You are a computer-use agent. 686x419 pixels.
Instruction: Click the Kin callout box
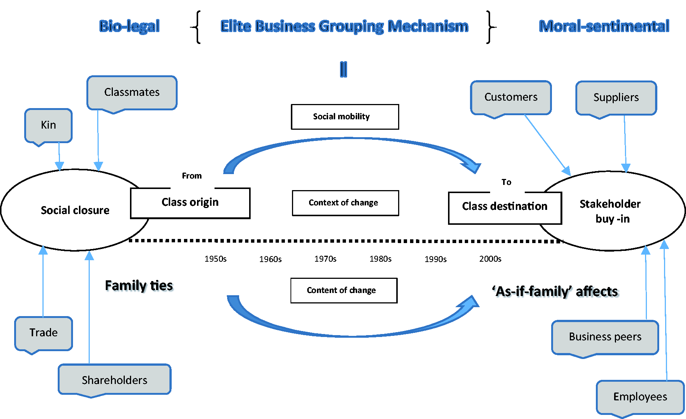[48, 126]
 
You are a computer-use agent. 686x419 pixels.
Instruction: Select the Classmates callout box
[132, 93]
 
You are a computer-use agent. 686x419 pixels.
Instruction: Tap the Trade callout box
[44, 334]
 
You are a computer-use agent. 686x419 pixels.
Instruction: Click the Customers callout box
[511, 98]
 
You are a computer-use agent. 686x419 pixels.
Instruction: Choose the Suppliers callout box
[616, 98]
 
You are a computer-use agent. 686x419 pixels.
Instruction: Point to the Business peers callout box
[605, 337]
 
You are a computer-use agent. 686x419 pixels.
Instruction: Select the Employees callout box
[641, 397]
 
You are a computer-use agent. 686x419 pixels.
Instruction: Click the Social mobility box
[345, 117]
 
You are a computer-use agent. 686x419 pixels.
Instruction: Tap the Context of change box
[346, 203]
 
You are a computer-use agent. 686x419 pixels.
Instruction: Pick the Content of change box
[344, 290]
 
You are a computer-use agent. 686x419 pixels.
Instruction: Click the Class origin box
[190, 203]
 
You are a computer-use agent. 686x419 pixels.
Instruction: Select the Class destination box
[505, 208]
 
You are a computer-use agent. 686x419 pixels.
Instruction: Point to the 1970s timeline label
[325, 259]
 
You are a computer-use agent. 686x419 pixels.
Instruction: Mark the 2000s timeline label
[490, 259]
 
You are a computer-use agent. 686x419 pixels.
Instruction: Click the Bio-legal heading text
[130, 26]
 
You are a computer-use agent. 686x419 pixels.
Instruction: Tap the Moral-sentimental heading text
[604, 26]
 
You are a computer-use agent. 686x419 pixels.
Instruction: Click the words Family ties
[139, 286]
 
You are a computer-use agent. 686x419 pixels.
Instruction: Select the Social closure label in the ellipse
[75, 210]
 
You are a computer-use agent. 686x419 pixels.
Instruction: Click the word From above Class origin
[192, 176]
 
